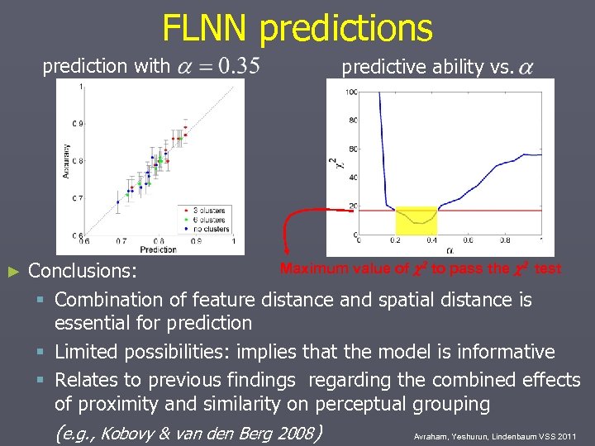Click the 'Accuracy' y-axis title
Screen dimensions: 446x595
pyautogui.click(x=65, y=161)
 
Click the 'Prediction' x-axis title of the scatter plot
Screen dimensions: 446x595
pyautogui.click(x=158, y=249)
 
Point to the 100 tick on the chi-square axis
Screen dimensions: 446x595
pyautogui.click(x=351, y=93)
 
